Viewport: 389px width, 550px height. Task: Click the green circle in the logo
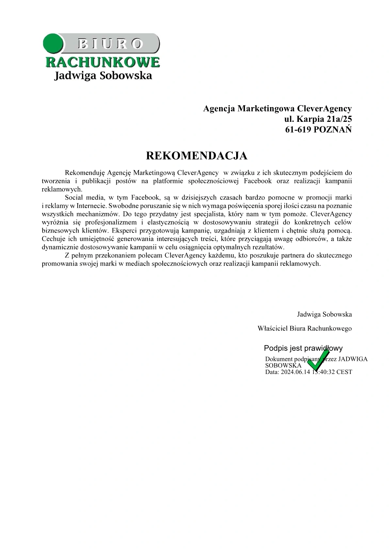point(53,44)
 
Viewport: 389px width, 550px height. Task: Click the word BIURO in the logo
point(110,43)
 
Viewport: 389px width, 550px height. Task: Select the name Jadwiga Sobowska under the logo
point(103,76)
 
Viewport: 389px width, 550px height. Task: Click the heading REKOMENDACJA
point(196,156)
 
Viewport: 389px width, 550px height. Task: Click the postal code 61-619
point(298,130)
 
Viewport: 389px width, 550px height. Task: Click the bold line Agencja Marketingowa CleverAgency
point(277,108)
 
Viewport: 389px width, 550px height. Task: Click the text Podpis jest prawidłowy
point(303,348)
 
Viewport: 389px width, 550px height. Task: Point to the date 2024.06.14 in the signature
point(295,372)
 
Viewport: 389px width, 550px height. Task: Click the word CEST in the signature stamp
point(344,372)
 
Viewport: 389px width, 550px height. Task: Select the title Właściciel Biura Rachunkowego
point(304,328)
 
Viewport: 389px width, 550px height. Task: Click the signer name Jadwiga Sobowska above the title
point(324,315)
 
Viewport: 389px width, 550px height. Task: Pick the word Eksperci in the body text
point(124,231)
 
